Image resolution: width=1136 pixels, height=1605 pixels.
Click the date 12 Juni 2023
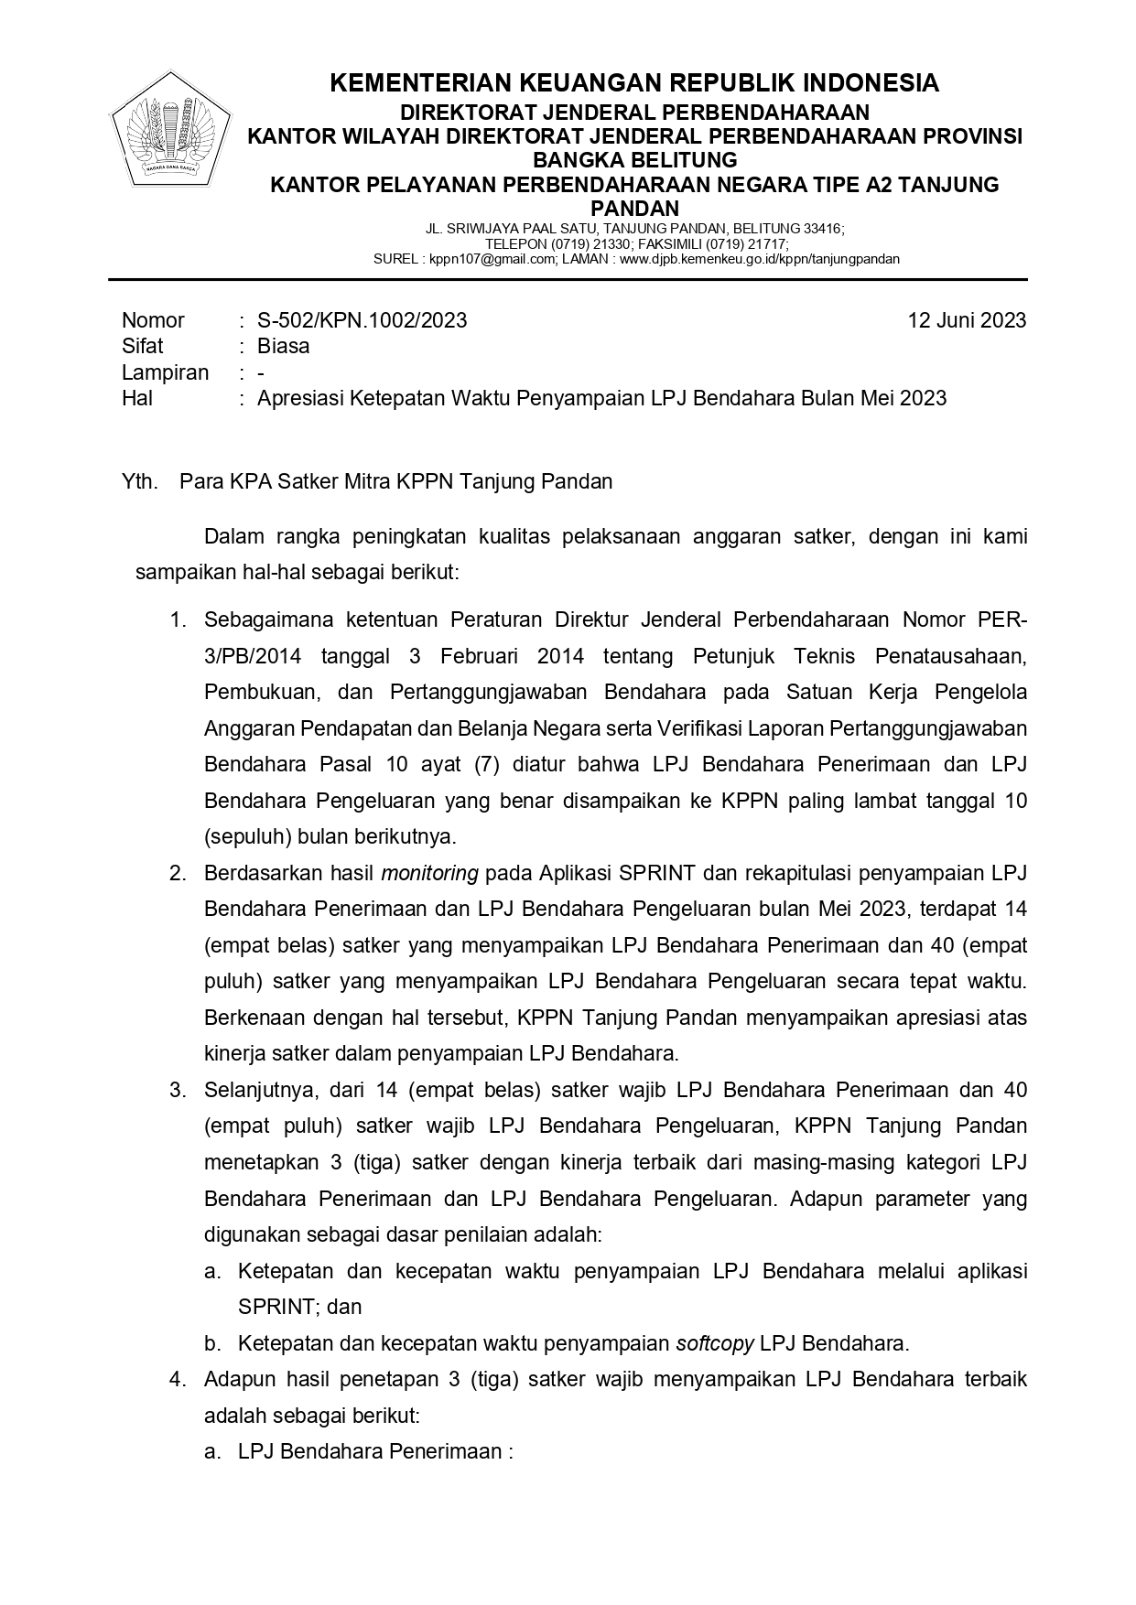966,320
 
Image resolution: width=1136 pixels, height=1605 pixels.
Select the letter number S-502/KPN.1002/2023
362,320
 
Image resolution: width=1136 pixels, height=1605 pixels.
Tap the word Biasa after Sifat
283,346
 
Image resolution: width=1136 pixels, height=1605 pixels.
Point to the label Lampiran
165,372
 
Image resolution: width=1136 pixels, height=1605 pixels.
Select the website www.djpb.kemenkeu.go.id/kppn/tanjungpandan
760,259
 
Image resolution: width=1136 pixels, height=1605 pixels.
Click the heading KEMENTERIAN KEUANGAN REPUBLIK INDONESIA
633,83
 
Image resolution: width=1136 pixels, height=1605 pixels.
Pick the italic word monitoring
429,873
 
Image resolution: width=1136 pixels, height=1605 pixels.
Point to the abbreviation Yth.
139,481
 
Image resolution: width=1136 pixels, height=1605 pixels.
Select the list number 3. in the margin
178,1090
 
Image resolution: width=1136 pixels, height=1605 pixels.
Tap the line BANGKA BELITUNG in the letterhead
634,161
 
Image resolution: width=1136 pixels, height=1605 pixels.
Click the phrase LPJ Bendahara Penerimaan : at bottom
375,1451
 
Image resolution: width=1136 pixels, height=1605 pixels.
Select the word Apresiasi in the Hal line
301,398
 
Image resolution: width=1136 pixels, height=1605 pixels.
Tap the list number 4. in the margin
178,1379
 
